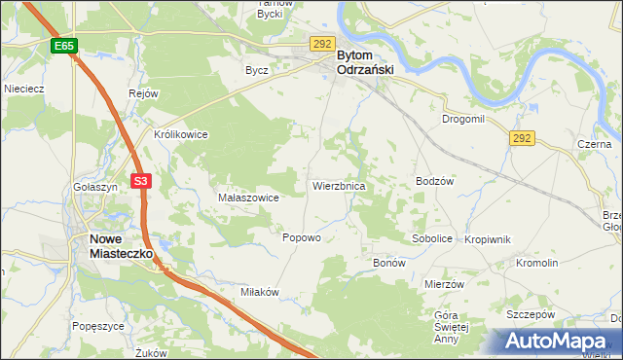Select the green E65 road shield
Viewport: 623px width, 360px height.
coord(64,46)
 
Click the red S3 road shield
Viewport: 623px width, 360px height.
coord(142,180)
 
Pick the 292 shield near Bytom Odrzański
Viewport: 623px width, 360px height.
coord(323,44)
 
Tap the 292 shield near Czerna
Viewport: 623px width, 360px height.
coord(522,139)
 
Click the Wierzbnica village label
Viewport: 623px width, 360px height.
coord(338,185)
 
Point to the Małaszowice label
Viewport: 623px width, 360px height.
coord(249,198)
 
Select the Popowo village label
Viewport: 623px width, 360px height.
coord(301,237)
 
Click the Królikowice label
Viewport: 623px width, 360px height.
coord(181,135)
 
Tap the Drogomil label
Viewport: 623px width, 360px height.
coord(463,119)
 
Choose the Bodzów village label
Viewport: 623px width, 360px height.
coord(435,181)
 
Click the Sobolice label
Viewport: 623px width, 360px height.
coord(432,238)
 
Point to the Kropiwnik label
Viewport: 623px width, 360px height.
coord(488,238)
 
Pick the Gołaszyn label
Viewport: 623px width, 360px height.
coord(95,186)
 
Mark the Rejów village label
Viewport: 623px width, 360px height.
coord(143,93)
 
